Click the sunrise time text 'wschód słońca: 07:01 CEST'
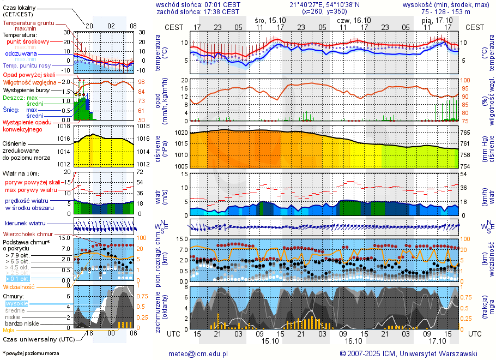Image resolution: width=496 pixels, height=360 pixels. pyautogui.click(x=198, y=4)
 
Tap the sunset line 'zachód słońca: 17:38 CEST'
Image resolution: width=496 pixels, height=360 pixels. pyautogui.click(x=198, y=11)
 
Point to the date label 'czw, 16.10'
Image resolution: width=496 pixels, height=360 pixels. pyautogui.click(x=354, y=20)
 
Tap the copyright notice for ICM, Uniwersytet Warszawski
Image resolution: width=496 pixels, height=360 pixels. pyautogui.click(x=408, y=353)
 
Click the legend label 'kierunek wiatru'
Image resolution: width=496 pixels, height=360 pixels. pyautogui.click(x=25, y=224)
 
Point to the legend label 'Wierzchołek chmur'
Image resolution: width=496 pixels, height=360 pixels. pyautogui.click(x=27, y=234)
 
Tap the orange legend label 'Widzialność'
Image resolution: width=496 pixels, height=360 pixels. pyautogui.click(x=19, y=286)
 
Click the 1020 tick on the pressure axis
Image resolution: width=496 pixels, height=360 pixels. pyautogui.click(x=181, y=133)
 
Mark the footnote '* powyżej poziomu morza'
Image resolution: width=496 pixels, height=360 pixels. pyautogui.click(x=31, y=353)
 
